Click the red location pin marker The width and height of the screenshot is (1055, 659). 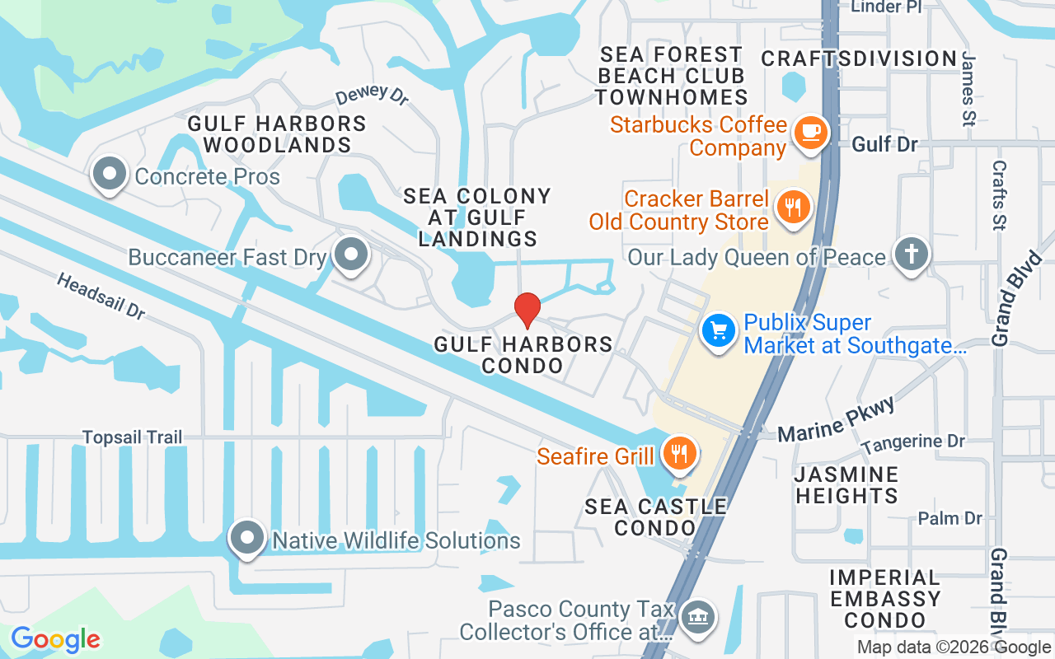527,310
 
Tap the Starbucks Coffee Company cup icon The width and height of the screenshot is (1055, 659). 809,132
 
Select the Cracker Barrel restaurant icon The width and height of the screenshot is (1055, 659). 793,207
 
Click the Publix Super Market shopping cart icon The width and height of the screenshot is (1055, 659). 718,331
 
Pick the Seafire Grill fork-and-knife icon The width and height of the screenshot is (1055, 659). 679,453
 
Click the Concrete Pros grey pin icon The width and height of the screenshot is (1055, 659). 109,174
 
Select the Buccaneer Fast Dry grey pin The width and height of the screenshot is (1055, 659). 352,255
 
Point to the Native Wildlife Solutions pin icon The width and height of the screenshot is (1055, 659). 247,539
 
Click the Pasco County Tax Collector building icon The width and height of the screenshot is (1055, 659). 698,617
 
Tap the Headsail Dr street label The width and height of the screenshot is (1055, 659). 101,296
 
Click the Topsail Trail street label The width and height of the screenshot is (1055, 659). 132,437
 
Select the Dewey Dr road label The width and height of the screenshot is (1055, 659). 372,95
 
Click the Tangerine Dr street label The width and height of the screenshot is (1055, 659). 912,443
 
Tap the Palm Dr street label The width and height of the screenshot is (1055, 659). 950,518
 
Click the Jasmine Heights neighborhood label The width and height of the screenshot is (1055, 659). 846,485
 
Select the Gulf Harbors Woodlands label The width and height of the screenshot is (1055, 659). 277,134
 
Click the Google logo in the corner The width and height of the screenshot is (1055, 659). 55,639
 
